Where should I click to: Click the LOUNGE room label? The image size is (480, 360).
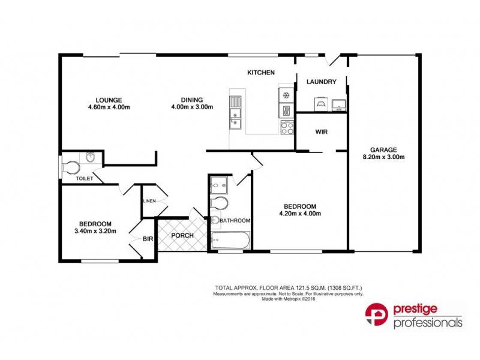pyautogui.click(x=108, y=100)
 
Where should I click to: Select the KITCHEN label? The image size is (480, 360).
pyautogui.click(x=261, y=73)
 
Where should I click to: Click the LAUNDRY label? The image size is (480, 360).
pyautogui.click(x=321, y=82)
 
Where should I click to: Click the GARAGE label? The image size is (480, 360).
pyautogui.click(x=384, y=150)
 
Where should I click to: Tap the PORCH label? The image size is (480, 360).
pyautogui.click(x=182, y=235)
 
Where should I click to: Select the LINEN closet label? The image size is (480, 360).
pyautogui.click(x=149, y=202)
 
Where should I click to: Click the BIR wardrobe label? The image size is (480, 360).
pyautogui.click(x=148, y=239)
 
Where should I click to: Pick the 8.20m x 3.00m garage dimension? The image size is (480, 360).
pyautogui.click(x=384, y=157)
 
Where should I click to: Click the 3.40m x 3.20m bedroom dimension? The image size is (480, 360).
pyautogui.click(x=95, y=230)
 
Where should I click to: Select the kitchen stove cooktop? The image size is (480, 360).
pyautogui.click(x=287, y=127)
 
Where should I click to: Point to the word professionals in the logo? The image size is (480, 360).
pyautogui.click(x=427, y=323)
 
